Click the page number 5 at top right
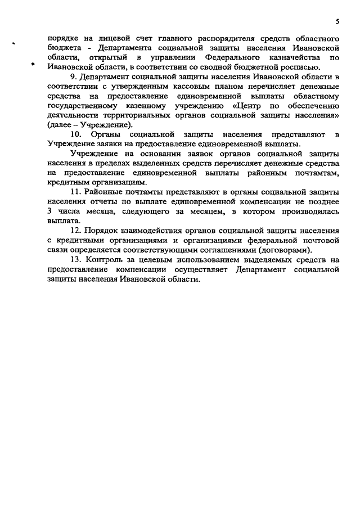pyautogui.click(x=337, y=21)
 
